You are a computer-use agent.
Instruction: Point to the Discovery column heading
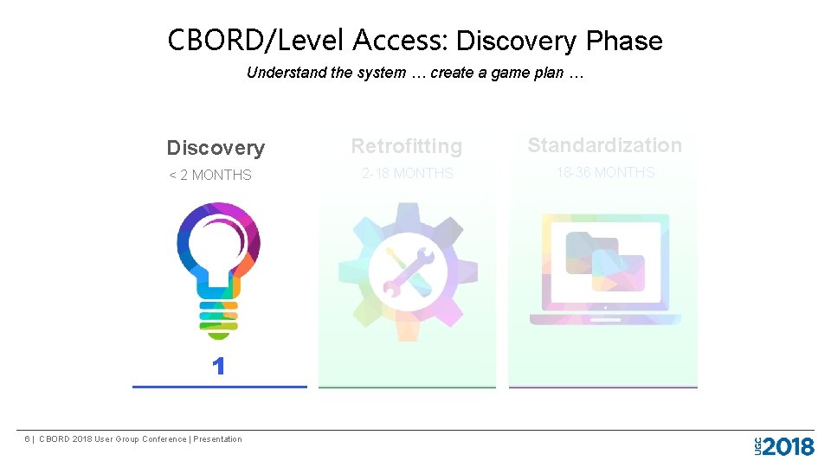(216, 148)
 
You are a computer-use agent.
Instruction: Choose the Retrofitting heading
(407, 146)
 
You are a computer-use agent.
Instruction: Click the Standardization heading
(604, 145)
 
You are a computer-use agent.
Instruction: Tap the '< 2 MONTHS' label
(210, 175)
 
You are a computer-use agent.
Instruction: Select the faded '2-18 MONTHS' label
(407, 173)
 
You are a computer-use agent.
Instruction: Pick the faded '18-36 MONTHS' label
(605, 172)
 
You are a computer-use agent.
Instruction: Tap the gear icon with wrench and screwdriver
(407, 271)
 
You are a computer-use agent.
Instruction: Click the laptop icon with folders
(605, 269)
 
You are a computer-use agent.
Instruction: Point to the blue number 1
(218, 367)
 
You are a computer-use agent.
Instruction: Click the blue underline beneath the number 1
(219, 387)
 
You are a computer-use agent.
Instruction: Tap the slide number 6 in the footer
(28, 439)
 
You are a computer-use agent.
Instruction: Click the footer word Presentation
(217, 439)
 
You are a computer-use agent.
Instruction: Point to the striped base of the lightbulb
(218, 317)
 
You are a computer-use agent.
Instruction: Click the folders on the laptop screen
(605, 258)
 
